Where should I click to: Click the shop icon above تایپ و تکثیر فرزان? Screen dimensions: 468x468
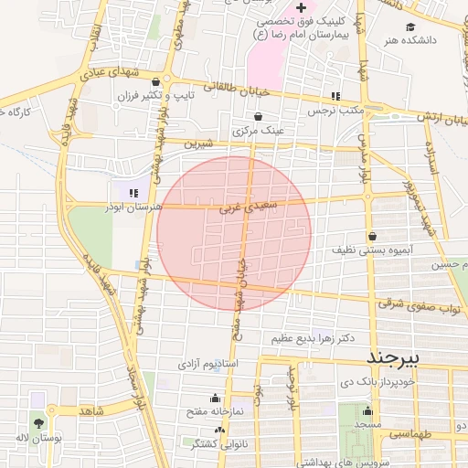(165, 80)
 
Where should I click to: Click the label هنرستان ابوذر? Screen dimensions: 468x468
(134, 207)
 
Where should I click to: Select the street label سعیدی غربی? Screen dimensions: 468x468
(247, 208)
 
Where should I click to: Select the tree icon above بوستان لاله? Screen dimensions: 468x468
(37, 423)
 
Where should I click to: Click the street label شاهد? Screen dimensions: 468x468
(91, 411)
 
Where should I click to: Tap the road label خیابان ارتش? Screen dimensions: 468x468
(443, 118)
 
